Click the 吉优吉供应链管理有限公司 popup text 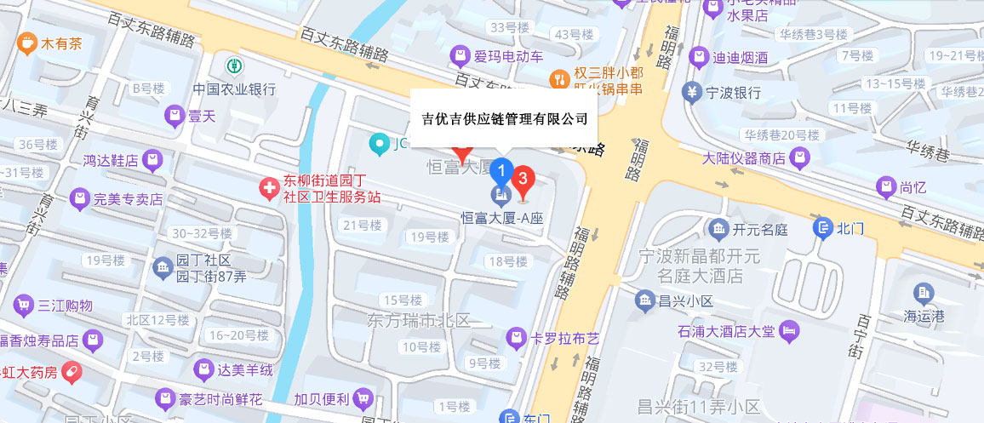(x=505, y=118)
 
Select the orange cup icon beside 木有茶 (x=27, y=42)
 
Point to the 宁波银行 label (x=733, y=92)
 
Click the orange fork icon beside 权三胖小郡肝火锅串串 (x=559, y=79)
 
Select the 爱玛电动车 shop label (x=508, y=57)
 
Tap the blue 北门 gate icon (x=823, y=227)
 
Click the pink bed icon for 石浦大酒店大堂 (x=791, y=329)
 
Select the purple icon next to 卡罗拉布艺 (x=515, y=339)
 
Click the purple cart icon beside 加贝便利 (x=364, y=397)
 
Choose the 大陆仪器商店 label (x=743, y=158)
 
